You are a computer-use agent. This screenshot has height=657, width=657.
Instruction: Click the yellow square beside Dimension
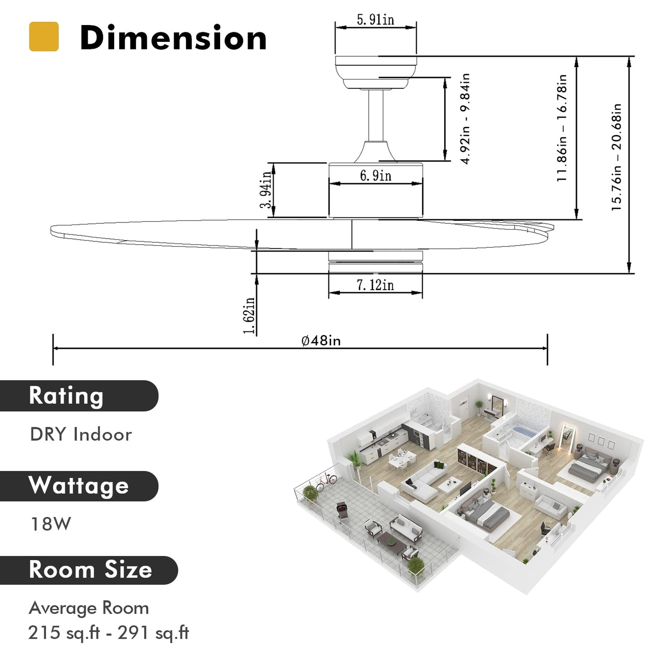click(44, 36)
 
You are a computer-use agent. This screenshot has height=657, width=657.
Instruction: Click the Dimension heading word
click(173, 38)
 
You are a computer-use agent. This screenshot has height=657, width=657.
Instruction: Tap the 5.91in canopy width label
click(375, 20)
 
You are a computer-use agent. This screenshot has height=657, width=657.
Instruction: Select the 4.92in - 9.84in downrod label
click(465, 119)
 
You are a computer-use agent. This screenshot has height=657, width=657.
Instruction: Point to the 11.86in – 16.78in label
click(562, 129)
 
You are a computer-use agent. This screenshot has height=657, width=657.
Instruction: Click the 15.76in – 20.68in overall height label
click(616, 157)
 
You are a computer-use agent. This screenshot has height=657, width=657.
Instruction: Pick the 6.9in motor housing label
click(376, 176)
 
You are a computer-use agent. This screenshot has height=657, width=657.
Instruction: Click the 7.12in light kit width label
click(375, 285)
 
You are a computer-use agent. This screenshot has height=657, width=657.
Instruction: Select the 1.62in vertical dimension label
click(249, 316)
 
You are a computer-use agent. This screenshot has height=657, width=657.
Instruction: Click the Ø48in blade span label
click(321, 341)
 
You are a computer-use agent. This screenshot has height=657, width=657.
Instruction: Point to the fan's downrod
click(376, 116)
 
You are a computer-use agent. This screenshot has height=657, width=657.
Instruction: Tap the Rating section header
click(66, 396)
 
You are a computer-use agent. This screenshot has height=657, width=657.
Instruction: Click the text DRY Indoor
click(81, 435)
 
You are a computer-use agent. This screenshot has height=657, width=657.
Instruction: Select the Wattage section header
click(79, 486)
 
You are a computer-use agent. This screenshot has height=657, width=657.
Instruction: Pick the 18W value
click(50, 524)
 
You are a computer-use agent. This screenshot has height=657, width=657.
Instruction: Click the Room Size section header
click(90, 570)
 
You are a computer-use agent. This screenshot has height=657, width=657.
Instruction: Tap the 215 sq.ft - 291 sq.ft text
click(108, 632)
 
